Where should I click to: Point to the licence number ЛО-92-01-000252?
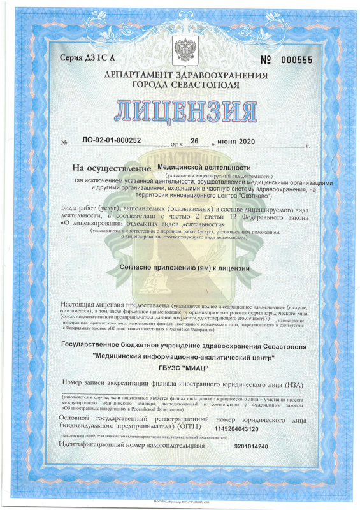click(104, 140)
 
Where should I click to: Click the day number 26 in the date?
click(196, 140)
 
